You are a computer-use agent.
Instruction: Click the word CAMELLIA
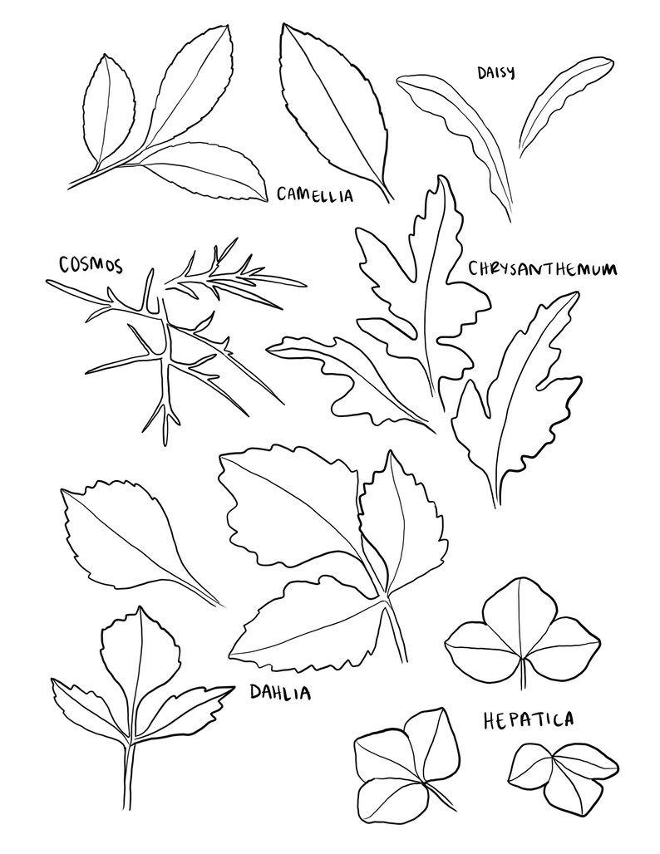point(315,195)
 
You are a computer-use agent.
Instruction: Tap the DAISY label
point(495,72)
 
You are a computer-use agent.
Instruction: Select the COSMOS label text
point(91,265)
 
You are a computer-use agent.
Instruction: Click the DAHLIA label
point(280,692)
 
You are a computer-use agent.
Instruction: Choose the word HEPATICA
point(528,720)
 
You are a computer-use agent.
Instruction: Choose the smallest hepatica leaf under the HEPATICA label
point(561,773)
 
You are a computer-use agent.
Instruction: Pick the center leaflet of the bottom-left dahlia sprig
point(140,665)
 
